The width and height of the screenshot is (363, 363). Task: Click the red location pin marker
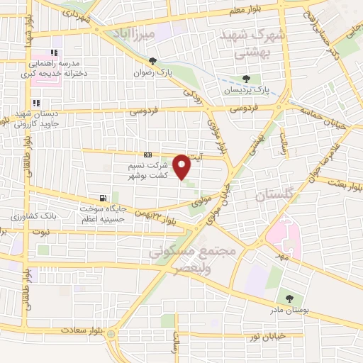pos(182,166)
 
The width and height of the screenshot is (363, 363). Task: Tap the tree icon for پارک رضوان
pos(152,62)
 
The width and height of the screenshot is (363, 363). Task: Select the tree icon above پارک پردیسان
pos(246,79)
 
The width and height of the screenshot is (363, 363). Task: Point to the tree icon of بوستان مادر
pos(289,298)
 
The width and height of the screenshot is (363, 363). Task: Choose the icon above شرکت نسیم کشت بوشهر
pos(147,155)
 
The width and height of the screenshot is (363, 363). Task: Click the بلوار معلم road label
pos(242,9)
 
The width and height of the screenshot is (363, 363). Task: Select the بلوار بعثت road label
pos(342,182)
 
